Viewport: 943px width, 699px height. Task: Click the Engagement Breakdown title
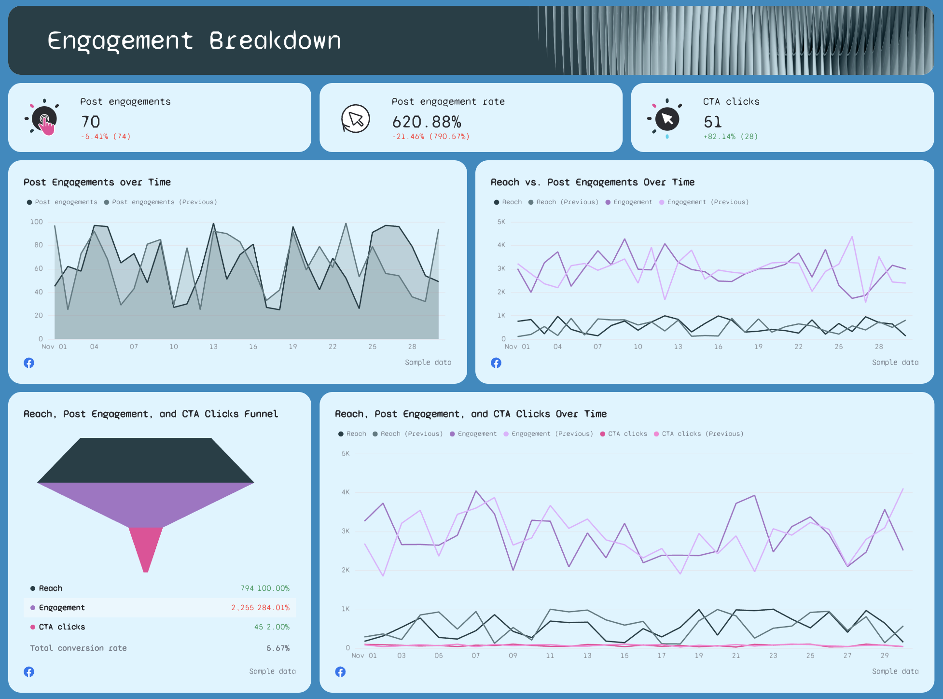coord(194,41)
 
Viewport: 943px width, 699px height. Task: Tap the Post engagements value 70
coord(91,122)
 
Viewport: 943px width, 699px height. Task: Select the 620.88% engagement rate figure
coord(426,122)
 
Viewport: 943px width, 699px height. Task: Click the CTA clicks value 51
coord(712,122)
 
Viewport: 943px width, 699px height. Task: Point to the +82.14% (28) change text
coord(730,137)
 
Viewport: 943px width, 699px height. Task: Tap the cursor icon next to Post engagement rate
coord(356,119)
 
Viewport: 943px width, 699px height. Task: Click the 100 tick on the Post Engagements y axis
coord(37,222)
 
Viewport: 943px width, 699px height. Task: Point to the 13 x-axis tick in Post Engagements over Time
coord(213,347)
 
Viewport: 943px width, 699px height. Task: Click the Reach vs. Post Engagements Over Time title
coord(592,182)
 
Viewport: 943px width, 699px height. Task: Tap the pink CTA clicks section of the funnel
coord(145,548)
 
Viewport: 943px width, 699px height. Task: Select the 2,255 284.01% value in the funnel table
coord(260,608)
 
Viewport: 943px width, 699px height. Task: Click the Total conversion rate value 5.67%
coord(278,648)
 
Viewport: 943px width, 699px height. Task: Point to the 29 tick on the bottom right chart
coord(884,656)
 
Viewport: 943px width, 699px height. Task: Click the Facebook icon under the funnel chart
coord(29,671)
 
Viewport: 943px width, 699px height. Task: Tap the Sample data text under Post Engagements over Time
coord(428,363)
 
